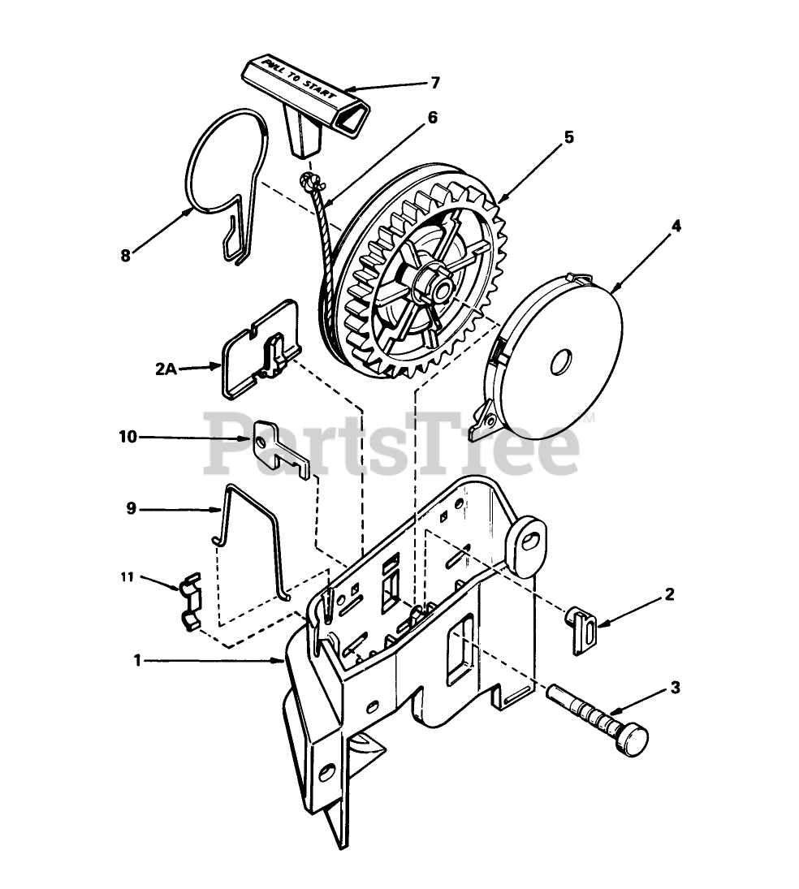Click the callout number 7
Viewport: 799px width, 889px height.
tap(435, 82)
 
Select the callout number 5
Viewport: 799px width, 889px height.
tap(569, 137)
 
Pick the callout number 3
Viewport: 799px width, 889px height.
tap(675, 688)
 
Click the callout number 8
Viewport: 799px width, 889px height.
tap(126, 255)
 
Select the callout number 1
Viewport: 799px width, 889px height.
tap(138, 661)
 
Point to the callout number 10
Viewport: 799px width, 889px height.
tap(127, 437)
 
